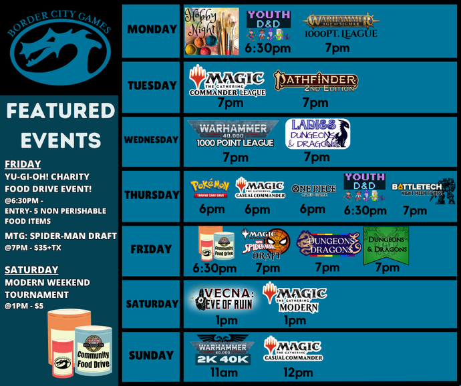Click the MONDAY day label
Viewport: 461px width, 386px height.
152,30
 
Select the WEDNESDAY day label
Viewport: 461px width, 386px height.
151,140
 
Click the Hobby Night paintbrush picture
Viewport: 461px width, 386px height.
211,31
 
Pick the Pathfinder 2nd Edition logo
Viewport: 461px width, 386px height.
315,82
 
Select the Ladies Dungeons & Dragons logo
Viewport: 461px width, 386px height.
317,134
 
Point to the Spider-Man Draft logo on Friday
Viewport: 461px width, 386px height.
266,244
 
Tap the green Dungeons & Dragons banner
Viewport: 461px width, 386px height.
386,245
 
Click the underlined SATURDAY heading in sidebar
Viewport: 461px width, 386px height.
31,270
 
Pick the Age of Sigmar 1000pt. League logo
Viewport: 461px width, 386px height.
340,26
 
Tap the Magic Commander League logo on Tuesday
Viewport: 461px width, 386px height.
227,81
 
